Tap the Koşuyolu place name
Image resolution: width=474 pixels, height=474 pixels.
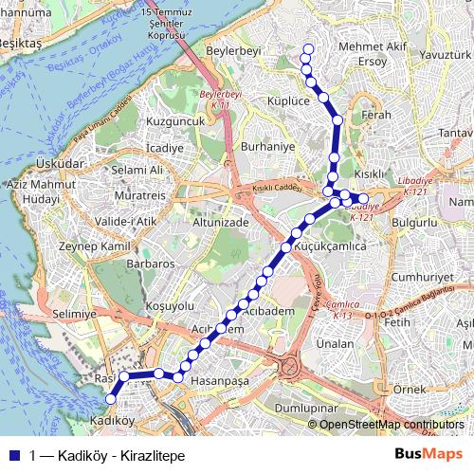point(171,306)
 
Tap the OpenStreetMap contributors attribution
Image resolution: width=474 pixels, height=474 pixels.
point(391,425)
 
